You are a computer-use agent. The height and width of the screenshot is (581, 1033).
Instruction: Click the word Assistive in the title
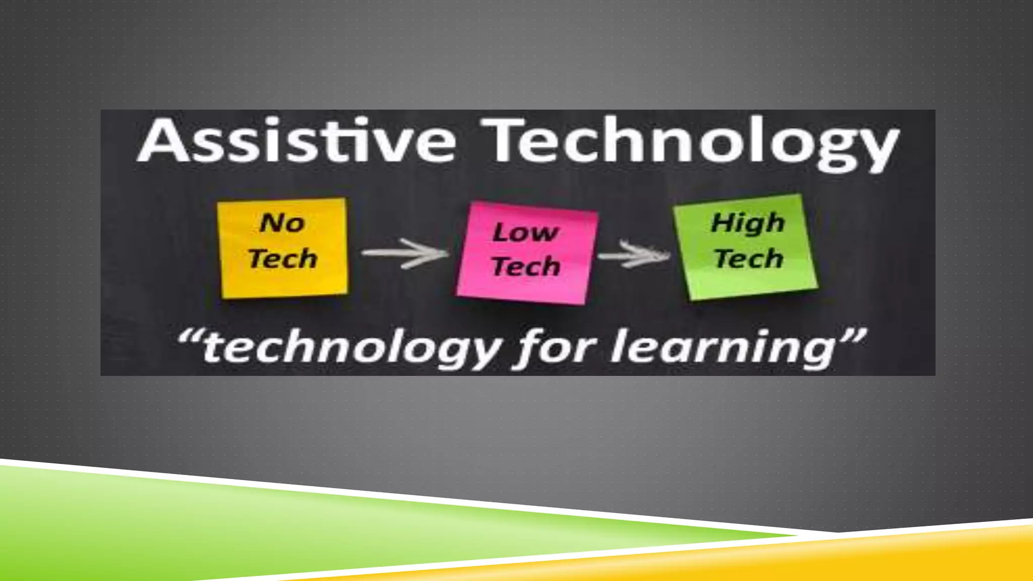coord(298,141)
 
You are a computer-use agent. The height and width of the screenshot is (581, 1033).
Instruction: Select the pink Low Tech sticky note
coord(527,252)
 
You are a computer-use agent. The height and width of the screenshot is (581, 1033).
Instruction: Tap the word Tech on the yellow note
coord(283,259)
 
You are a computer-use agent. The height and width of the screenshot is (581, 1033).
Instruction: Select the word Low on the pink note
coord(526,233)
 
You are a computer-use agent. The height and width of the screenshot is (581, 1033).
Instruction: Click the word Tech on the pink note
coord(526,266)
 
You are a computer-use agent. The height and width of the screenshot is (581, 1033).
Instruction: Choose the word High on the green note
coord(748,223)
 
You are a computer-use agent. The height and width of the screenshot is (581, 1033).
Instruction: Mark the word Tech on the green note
coord(749,259)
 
